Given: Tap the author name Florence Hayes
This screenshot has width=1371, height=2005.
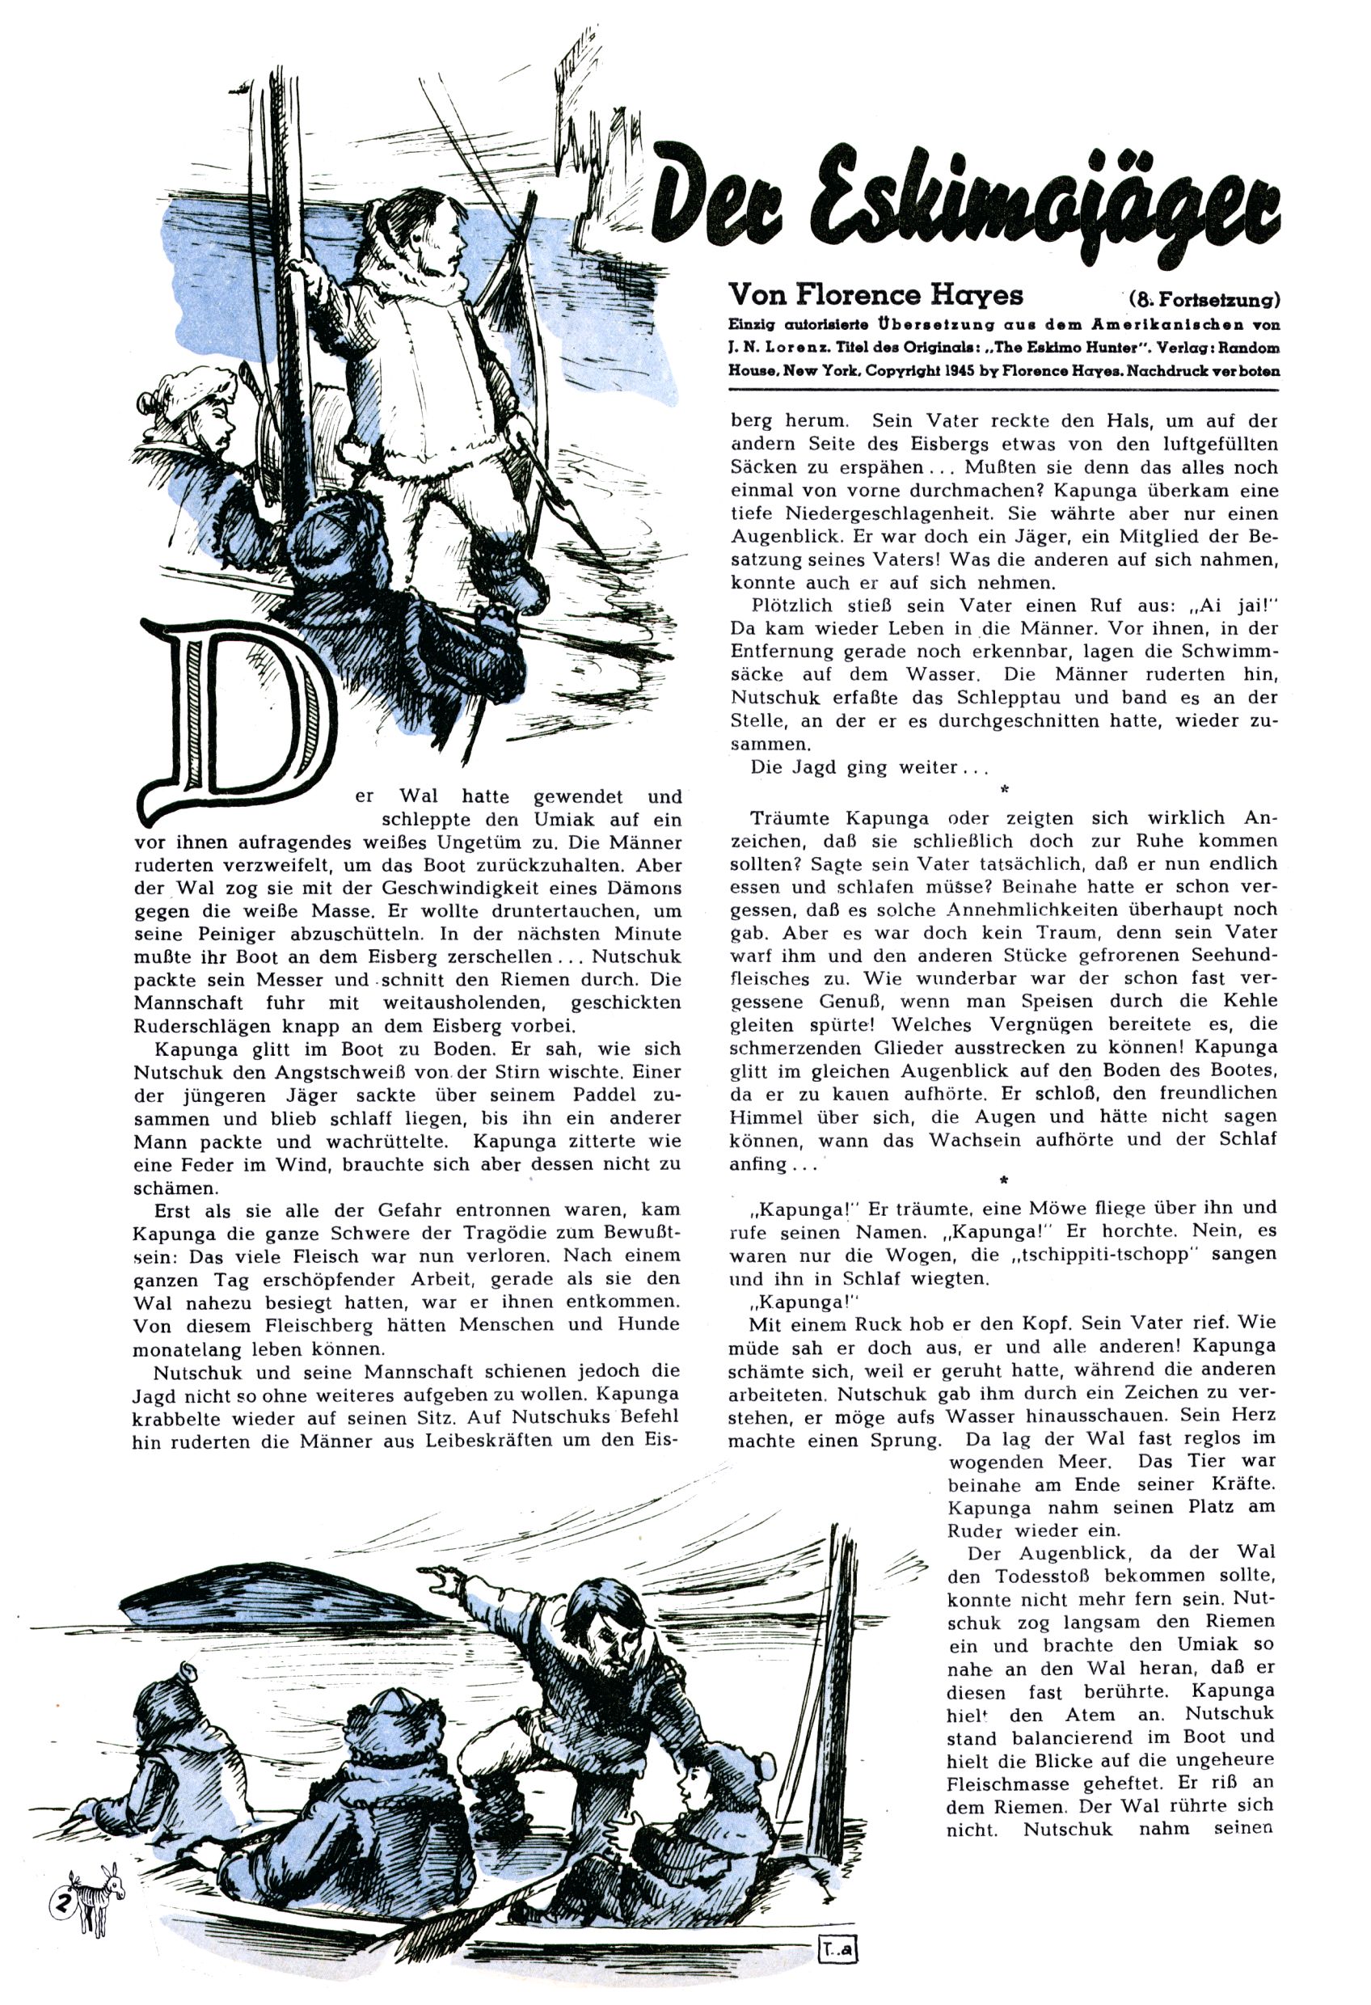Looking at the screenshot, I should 875,295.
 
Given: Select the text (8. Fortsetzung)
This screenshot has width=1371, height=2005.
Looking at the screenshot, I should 1203,300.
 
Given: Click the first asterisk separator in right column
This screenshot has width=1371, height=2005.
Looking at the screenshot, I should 1003,788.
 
